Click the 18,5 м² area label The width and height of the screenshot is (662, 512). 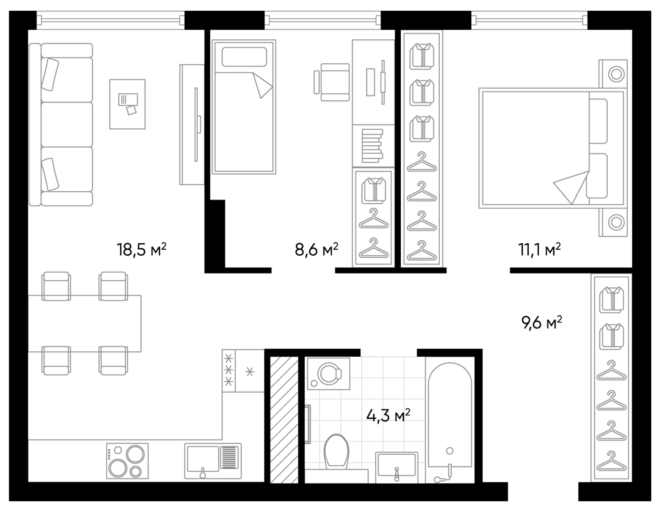[141, 250]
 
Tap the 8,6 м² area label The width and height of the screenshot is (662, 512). [316, 250]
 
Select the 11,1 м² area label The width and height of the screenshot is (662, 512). [539, 250]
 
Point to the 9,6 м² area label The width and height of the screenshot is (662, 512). [541, 323]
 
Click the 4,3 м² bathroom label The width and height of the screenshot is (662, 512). [388, 415]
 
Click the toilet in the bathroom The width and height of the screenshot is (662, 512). [336, 451]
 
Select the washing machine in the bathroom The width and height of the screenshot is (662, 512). [329, 374]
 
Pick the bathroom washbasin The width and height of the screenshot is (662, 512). [397, 465]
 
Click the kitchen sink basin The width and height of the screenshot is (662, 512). [203, 459]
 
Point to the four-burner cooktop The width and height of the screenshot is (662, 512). [127, 461]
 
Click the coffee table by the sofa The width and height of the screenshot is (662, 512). [127, 104]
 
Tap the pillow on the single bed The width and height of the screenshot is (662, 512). [244, 57]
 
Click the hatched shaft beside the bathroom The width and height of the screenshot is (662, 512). [284, 419]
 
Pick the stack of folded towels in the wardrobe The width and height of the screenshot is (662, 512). [372, 146]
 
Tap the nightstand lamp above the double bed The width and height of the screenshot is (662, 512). [616, 74]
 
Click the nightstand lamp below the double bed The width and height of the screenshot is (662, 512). [616, 222]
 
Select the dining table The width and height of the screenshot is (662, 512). [84, 323]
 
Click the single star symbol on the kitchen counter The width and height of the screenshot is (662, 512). [250, 372]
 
